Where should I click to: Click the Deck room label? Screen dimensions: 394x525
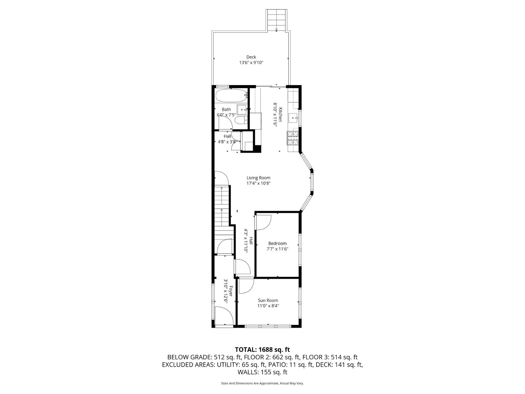[251, 57]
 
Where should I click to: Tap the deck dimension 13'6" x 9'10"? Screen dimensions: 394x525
[251, 63]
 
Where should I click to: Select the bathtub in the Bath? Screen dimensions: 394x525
[231, 96]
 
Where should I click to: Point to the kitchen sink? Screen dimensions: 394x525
[293, 117]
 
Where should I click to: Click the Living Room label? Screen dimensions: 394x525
[259, 178]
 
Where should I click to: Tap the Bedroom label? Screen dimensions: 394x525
[277, 243]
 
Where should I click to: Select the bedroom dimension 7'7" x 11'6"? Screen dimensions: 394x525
[277, 249]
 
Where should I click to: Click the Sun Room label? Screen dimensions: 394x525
[268, 300]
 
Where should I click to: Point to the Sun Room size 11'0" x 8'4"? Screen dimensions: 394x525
[268, 306]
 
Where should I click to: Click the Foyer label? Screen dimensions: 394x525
[231, 291]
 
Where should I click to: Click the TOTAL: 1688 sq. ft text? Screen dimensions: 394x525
[262, 350]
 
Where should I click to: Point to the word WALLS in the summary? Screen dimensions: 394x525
[249, 372]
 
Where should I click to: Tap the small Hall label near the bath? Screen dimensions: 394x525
[227, 136]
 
